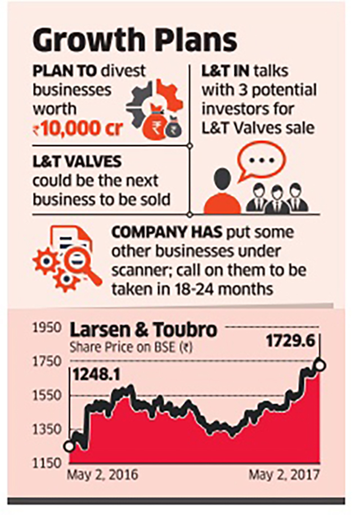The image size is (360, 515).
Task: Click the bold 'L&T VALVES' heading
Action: coord(77,162)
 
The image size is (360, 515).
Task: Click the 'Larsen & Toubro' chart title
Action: coord(143,330)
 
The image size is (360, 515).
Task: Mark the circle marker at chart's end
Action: coord(321,365)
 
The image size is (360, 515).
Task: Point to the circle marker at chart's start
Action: coord(69,446)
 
